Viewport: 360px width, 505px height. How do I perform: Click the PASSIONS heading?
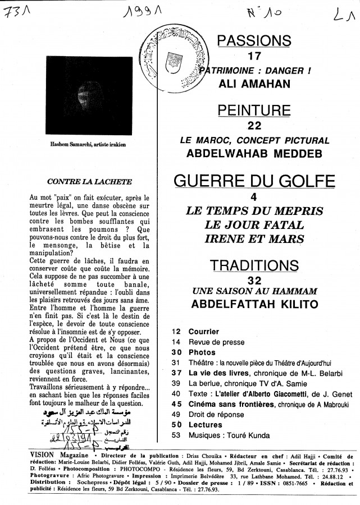(x=254, y=40)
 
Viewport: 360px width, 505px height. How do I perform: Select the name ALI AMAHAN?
(x=254, y=83)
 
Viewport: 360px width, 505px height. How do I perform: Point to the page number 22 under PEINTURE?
(x=254, y=125)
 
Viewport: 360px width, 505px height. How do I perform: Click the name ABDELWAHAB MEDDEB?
(x=254, y=152)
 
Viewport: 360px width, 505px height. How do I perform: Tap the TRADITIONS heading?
(x=254, y=265)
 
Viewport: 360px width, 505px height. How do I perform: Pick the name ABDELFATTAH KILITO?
(x=254, y=305)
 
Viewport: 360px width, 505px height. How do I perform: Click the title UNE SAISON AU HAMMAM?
(x=254, y=291)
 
